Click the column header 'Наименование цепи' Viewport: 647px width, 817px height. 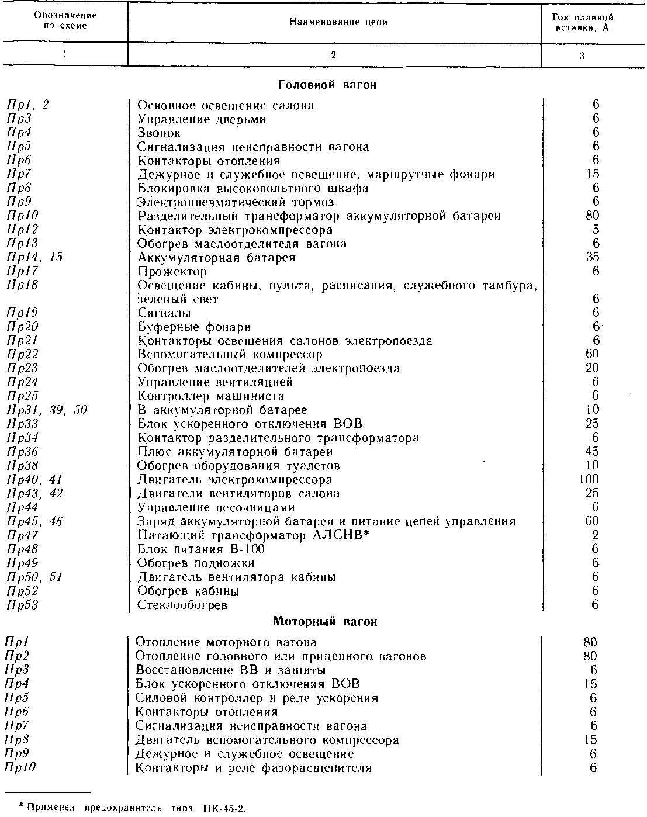(338, 23)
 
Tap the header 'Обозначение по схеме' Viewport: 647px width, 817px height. (65, 22)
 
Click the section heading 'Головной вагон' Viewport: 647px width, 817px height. (327, 85)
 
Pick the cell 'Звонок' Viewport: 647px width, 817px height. (159, 133)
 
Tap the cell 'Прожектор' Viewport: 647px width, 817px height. (172, 272)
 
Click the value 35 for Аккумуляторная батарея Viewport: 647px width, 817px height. (592, 258)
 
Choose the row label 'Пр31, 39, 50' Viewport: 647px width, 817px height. (46, 410)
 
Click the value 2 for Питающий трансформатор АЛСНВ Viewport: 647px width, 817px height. (595, 535)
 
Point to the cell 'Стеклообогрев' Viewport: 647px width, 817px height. (182, 605)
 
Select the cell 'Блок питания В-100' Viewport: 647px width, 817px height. (201, 549)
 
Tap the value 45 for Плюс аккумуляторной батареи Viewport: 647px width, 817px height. (592, 452)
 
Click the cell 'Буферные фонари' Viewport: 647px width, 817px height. (194, 327)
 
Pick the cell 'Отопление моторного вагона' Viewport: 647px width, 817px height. (226, 642)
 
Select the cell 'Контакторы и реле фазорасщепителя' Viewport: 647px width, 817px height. (253, 768)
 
